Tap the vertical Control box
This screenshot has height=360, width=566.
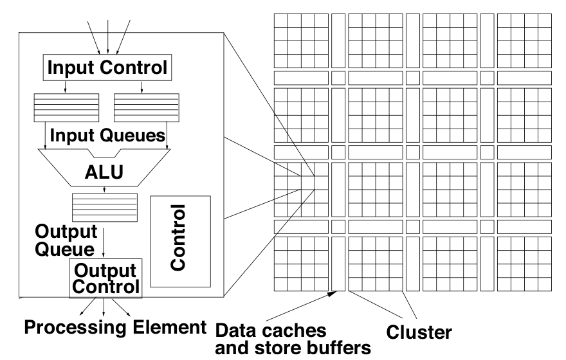[x=181, y=241]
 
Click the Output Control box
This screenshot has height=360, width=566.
[x=105, y=279]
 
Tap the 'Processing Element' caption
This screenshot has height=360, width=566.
[x=110, y=327]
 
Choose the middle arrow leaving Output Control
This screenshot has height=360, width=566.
[x=105, y=307]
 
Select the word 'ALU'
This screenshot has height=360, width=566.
[x=104, y=172]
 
